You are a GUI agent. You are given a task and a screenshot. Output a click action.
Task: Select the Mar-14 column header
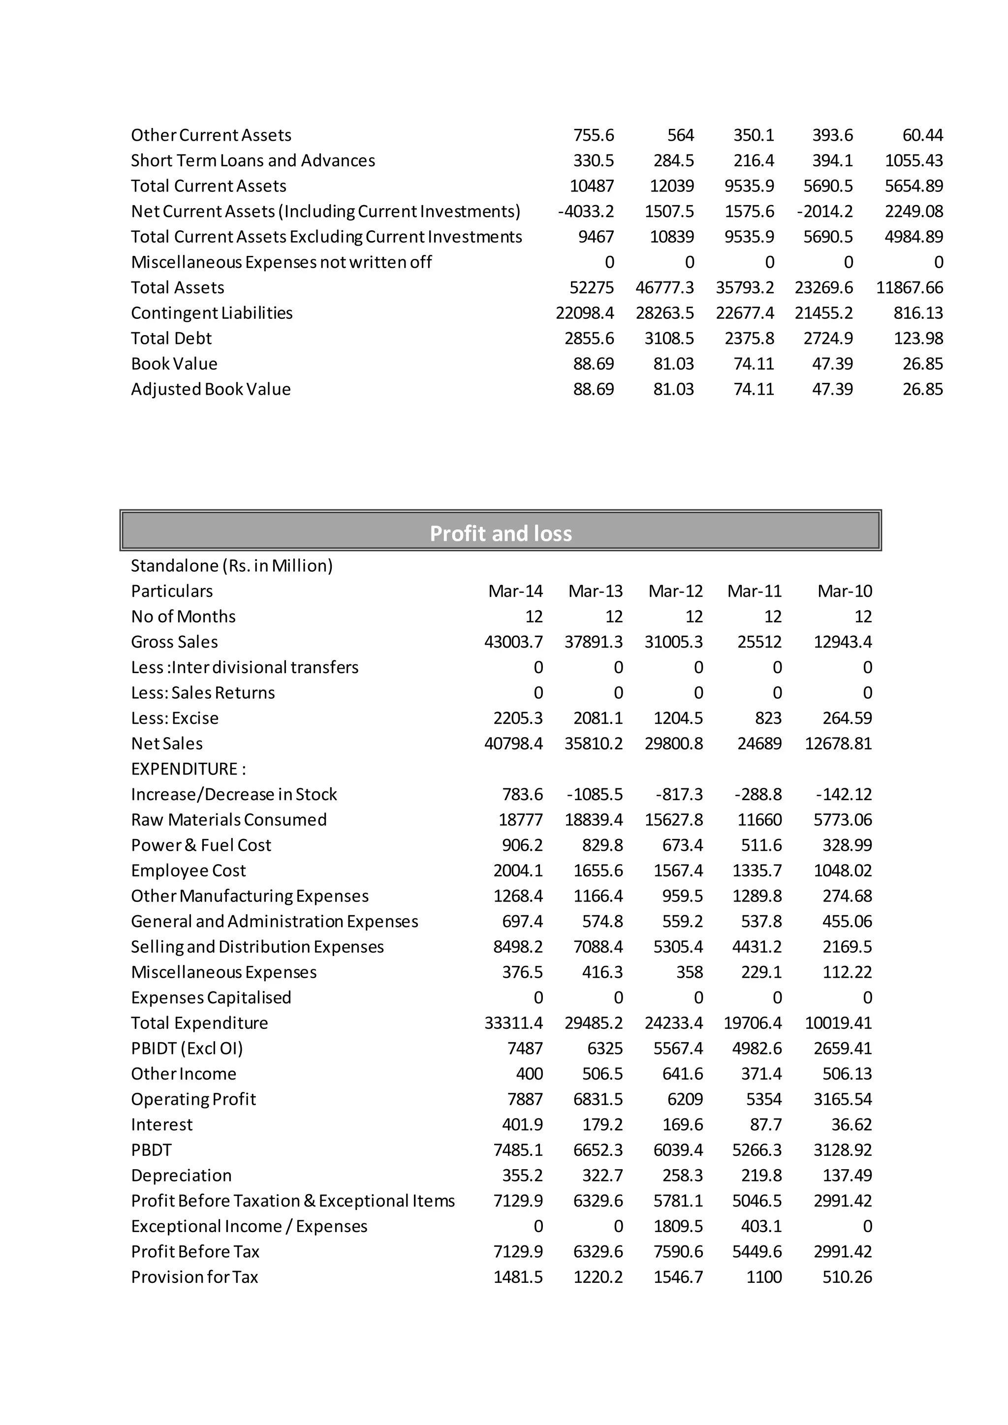click(515, 591)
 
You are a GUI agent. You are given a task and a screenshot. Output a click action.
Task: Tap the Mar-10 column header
click(844, 591)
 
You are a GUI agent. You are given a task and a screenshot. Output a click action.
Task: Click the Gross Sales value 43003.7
click(513, 642)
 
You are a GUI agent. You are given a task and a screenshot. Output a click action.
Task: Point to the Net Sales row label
click(167, 743)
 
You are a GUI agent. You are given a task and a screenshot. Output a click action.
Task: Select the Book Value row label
click(174, 364)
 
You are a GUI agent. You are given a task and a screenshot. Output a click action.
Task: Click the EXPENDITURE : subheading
click(188, 769)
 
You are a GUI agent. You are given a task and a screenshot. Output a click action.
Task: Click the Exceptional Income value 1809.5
click(678, 1226)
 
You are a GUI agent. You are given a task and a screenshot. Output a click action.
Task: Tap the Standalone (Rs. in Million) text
click(231, 565)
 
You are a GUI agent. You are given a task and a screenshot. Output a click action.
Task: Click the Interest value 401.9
click(522, 1125)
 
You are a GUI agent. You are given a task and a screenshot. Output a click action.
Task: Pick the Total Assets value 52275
click(592, 287)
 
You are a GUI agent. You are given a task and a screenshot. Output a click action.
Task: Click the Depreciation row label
click(181, 1176)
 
